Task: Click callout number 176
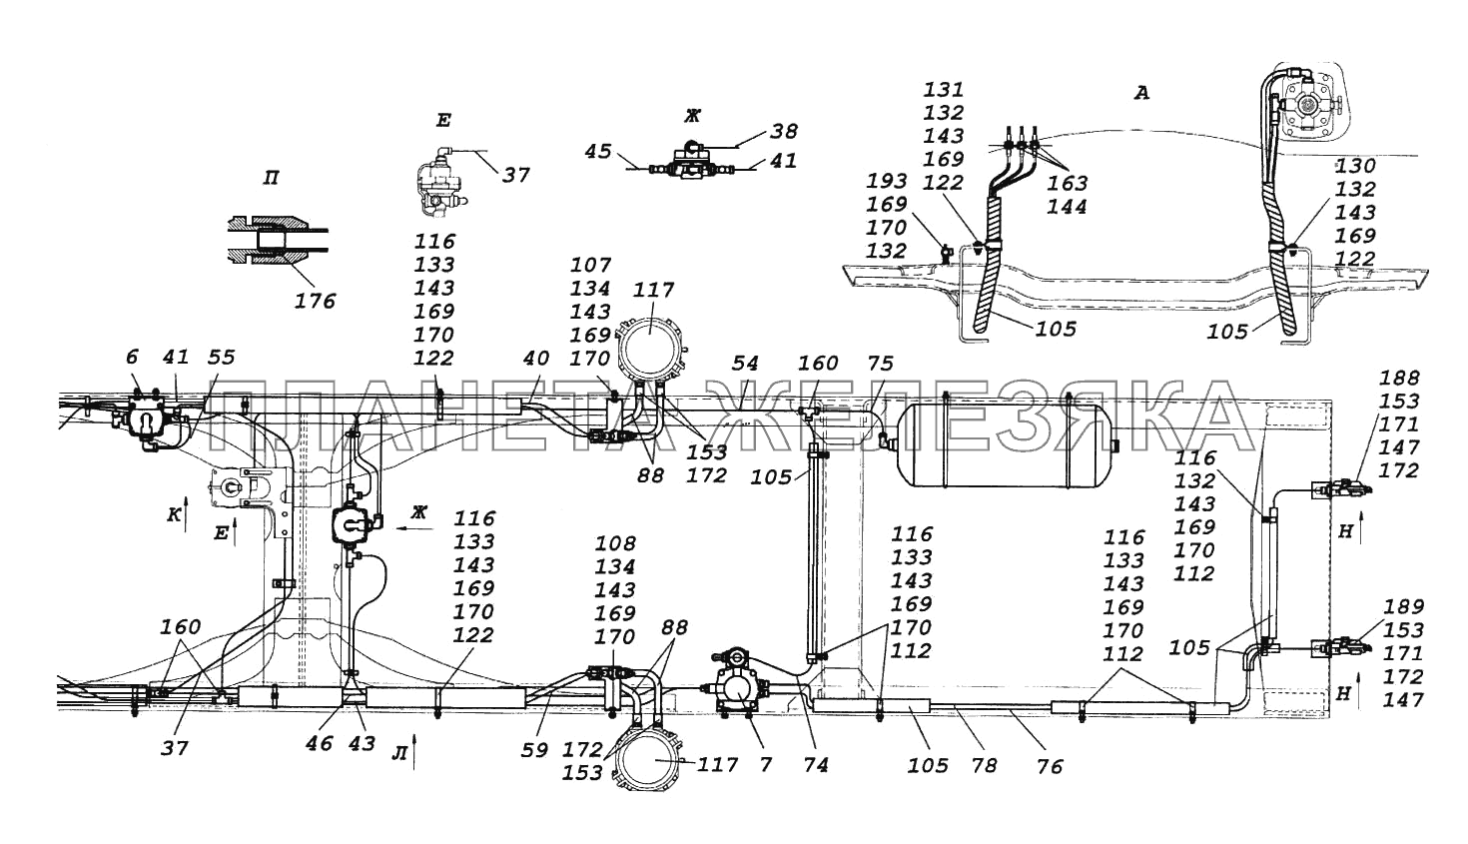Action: coord(316,300)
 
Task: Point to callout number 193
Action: coord(887,181)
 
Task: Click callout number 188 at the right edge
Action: coord(1399,378)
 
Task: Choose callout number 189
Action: coord(1404,607)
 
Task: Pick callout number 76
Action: coord(1049,766)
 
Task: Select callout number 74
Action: coord(814,764)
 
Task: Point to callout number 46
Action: coord(320,744)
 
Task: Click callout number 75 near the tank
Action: coord(879,363)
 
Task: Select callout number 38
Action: coord(783,130)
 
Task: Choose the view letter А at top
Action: coord(1142,93)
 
